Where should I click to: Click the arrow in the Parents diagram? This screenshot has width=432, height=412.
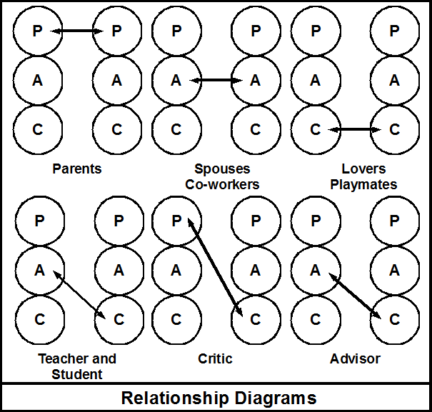pos(78,31)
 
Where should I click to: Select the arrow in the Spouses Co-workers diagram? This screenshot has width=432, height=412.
pos(216,81)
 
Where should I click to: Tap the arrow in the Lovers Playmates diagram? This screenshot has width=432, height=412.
pos(355,129)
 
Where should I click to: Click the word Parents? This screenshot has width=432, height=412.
pos(77,169)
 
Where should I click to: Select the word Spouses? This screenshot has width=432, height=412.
pos(222,169)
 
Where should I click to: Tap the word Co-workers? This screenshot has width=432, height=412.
pos(222,184)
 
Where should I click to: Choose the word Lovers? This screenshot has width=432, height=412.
pos(363,169)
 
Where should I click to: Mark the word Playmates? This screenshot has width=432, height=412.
pos(363,184)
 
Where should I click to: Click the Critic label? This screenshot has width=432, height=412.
pos(215,358)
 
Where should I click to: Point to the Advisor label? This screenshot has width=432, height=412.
pos(355,358)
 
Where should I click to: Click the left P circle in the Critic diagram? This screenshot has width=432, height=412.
pos(176,221)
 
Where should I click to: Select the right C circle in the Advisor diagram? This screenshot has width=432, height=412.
pos(394,319)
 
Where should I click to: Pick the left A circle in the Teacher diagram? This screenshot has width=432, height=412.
pos(39,270)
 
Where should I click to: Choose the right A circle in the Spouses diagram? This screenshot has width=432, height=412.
pos(256,81)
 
